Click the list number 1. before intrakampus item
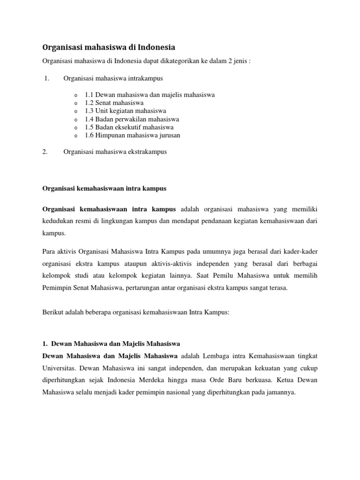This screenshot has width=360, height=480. pos(46,78)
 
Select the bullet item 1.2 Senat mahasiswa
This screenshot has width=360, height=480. pos(114,103)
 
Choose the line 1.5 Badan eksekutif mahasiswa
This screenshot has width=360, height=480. pos(129,127)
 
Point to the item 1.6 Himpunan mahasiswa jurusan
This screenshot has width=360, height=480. pos(132,135)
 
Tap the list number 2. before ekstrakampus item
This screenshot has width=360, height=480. pos(45,152)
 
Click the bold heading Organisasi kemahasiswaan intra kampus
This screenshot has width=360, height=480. pos(104,188)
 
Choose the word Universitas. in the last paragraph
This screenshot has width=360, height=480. pos(62,367)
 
